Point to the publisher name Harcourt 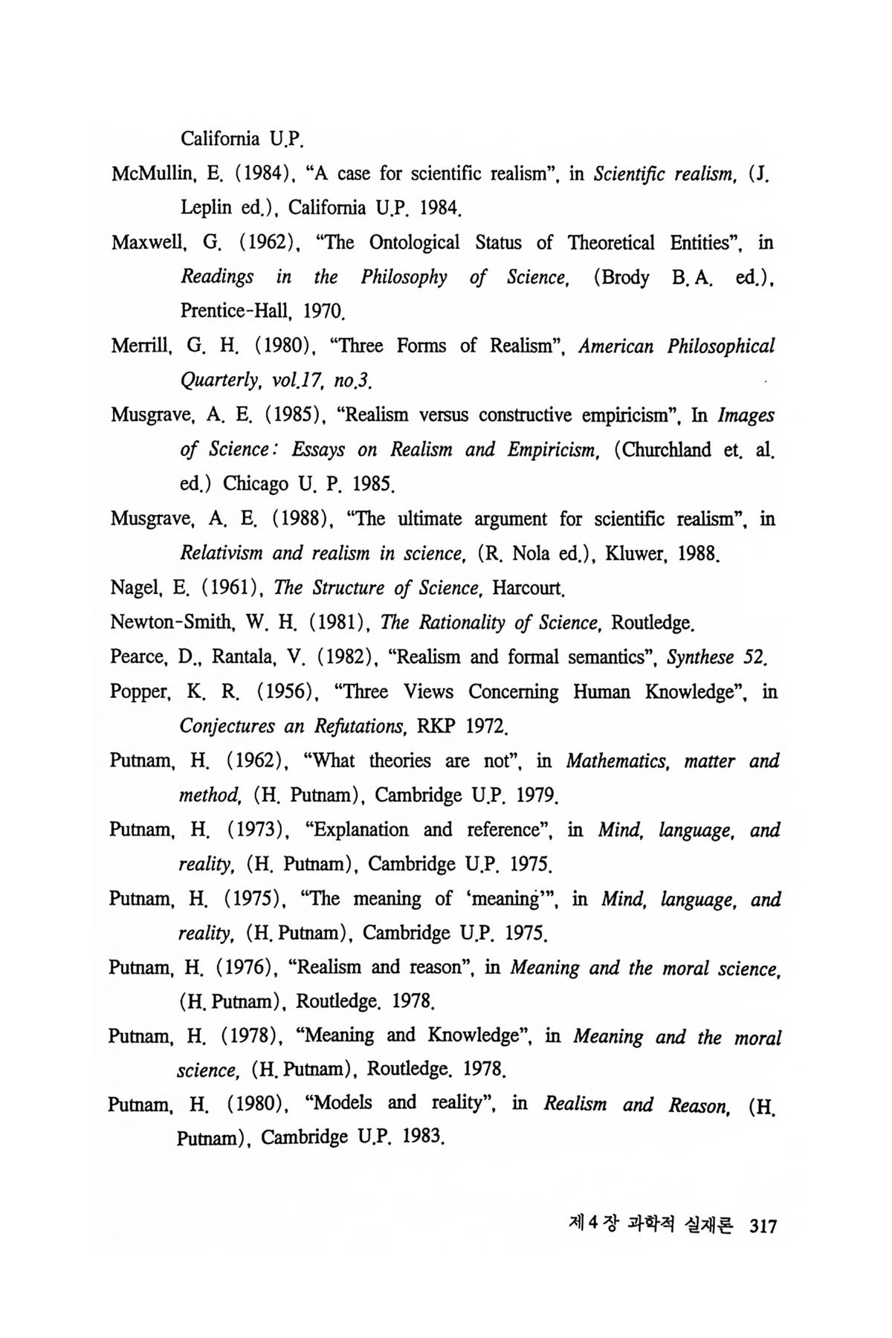pos(530,588)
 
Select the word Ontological pos(413,243)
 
